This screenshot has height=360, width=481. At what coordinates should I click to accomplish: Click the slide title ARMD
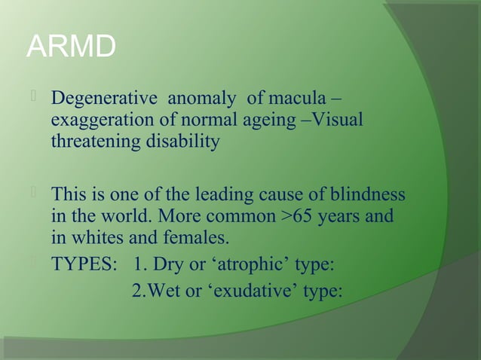click(71, 47)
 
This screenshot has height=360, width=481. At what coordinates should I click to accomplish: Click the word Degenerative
click(103, 99)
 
